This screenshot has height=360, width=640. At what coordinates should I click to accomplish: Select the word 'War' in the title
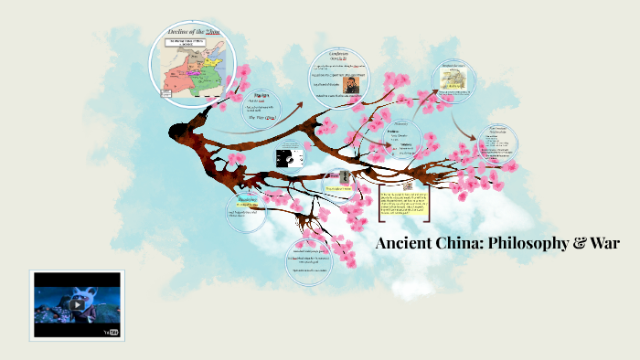pos(604,244)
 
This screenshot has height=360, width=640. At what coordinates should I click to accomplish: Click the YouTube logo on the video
pos(112,333)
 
